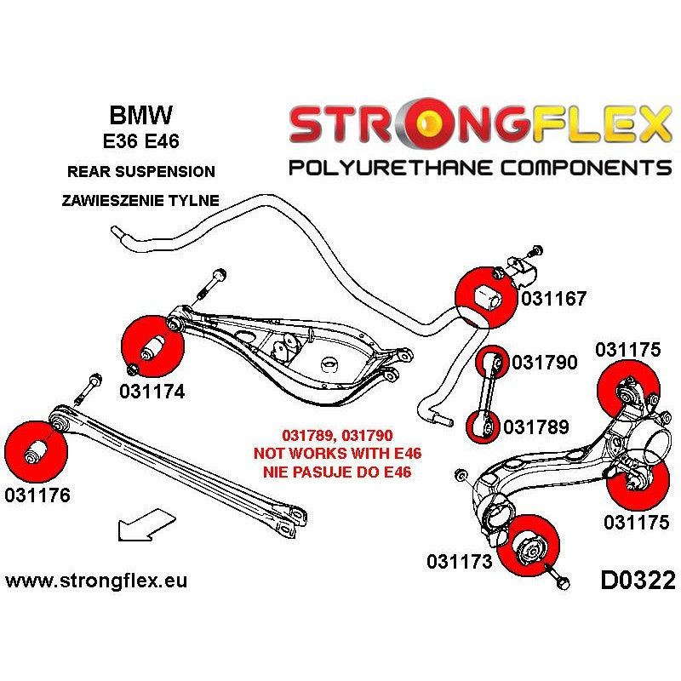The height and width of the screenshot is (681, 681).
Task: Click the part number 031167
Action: (x=554, y=299)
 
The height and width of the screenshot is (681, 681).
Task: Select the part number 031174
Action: (x=152, y=392)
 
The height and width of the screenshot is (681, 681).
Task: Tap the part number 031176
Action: (x=37, y=495)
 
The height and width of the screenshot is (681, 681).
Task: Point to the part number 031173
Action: (x=460, y=561)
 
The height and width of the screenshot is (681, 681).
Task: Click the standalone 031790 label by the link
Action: (x=545, y=363)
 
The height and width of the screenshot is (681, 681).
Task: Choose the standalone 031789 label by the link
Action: (x=535, y=426)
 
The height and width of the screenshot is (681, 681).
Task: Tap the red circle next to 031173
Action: (x=526, y=545)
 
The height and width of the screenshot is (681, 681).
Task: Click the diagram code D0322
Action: (x=638, y=581)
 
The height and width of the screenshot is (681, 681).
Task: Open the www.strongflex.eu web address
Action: (x=96, y=581)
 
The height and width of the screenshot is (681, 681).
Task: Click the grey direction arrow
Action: (x=140, y=523)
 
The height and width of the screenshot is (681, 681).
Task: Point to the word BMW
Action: (x=140, y=115)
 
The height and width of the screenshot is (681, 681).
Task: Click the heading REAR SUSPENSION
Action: (x=140, y=172)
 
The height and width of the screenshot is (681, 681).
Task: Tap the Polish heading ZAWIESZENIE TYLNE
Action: (x=140, y=201)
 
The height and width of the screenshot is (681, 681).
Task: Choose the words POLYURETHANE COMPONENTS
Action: (x=480, y=166)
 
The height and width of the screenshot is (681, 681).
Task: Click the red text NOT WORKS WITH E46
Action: (x=338, y=452)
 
